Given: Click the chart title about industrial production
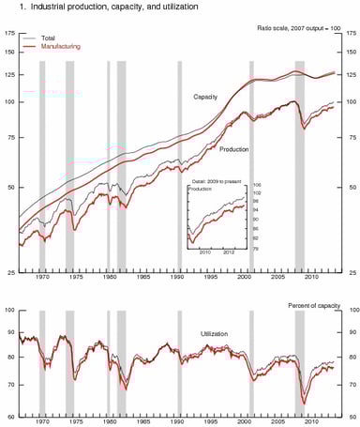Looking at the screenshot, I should (103, 8).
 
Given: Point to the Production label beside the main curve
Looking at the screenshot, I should (233, 149).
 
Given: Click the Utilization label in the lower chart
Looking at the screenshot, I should (215, 334).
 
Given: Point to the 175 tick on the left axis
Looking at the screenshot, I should (9, 35).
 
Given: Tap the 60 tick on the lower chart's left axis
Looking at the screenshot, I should (11, 417).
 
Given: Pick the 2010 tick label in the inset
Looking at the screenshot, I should (205, 252).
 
